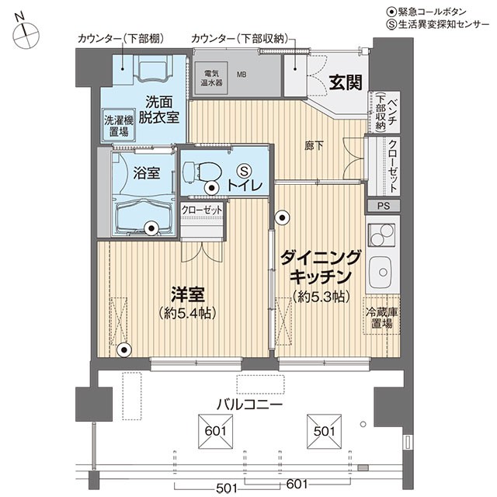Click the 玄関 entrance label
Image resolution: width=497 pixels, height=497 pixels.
point(345,82)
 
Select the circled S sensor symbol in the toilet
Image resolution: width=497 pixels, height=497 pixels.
point(245,171)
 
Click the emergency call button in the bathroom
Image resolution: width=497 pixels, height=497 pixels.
point(151,228)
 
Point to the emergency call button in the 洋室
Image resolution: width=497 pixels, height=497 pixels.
point(124,350)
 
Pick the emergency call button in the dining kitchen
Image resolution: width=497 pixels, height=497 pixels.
point(282,217)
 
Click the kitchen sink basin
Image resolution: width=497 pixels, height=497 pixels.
point(381,272)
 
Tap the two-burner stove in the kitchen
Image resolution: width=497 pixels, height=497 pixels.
point(381,235)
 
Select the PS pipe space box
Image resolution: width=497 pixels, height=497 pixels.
point(384,206)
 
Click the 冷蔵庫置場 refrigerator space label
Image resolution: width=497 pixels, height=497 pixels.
point(381,318)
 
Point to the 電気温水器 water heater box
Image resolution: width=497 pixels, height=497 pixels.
point(211,78)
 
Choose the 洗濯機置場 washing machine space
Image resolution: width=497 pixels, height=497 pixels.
point(119,126)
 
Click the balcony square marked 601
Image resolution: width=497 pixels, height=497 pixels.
point(216,432)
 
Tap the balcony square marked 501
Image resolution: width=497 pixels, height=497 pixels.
point(324,432)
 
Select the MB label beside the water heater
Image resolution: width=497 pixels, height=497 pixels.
point(242,75)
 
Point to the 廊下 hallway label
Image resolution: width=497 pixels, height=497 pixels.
point(314,146)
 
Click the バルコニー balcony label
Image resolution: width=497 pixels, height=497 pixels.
point(249,405)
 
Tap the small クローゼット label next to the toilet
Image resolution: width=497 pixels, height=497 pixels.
point(202,210)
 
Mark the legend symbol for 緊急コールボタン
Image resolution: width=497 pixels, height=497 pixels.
point(391,12)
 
